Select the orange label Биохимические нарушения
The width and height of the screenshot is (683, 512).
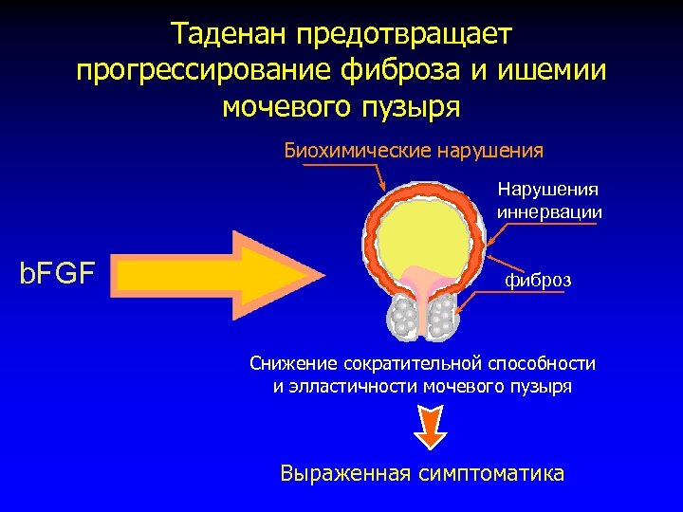pyautogui.click(x=414, y=150)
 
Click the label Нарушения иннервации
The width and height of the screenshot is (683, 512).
pyautogui.click(x=549, y=201)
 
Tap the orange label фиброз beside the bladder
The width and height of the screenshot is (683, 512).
pyautogui.click(x=538, y=282)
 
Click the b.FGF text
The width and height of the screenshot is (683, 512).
pyautogui.click(x=58, y=274)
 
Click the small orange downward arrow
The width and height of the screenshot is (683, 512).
pyautogui.click(x=430, y=428)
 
